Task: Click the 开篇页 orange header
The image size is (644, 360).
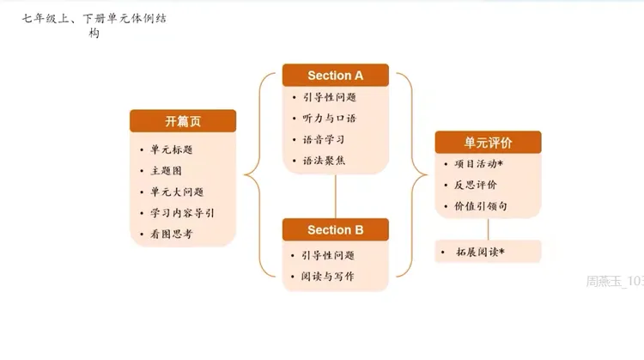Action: click(183, 121)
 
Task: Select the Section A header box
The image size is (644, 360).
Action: click(335, 76)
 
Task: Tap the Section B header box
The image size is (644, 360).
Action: click(335, 229)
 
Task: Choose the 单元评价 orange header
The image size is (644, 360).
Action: click(488, 143)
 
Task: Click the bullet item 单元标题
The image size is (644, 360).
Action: click(171, 149)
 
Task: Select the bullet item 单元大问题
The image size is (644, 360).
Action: click(176, 192)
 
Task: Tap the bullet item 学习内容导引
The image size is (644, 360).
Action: click(181, 212)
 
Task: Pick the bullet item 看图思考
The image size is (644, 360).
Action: click(171, 234)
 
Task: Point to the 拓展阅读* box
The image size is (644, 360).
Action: click(488, 252)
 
